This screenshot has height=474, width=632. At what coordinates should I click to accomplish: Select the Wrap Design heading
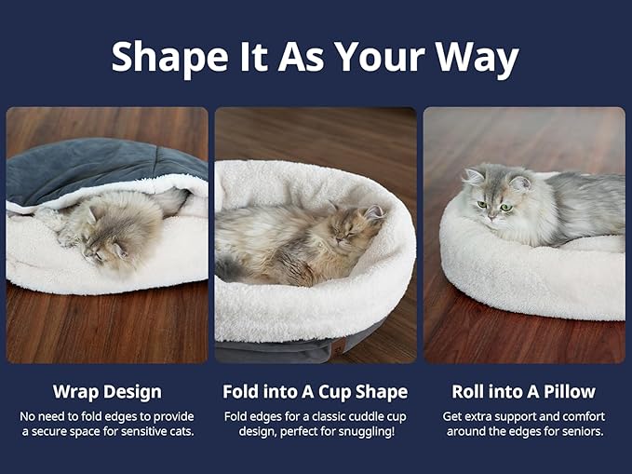click(x=107, y=391)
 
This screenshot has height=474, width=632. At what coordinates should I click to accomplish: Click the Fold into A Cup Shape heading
click(x=315, y=391)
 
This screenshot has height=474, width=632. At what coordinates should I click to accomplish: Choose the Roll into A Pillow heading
click(x=524, y=391)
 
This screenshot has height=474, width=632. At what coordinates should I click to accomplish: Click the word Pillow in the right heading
click(x=568, y=391)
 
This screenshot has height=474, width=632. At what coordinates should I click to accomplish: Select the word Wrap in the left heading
click(x=75, y=391)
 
